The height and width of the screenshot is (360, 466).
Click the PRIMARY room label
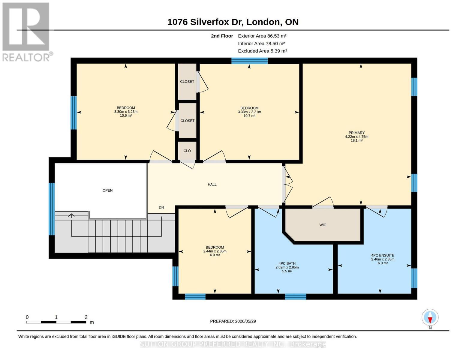point(356,133)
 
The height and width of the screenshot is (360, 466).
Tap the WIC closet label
point(323,225)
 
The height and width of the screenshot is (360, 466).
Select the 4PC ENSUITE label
point(383,255)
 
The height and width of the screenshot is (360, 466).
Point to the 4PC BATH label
point(287,263)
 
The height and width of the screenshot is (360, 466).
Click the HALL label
point(212,184)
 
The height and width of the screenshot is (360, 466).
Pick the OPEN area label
point(107,190)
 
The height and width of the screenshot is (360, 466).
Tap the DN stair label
point(161,207)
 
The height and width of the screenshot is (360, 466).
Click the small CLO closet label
point(187,151)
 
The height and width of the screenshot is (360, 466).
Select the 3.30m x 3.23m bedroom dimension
point(126,112)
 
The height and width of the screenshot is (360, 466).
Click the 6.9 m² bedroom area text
point(215,255)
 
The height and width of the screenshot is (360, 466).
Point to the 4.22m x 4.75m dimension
point(356,136)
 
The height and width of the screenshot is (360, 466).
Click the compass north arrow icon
point(430,317)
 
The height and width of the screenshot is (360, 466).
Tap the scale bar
point(56,322)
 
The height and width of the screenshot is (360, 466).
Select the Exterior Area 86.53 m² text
point(262,36)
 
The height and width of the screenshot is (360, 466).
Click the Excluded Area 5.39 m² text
point(262,51)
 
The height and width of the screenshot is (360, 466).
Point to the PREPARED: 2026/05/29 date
point(233,321)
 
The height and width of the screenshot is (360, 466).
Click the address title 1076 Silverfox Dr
point(205,22)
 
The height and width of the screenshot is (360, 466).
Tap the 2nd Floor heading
point(222,36)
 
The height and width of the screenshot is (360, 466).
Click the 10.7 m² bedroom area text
point(249,116)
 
